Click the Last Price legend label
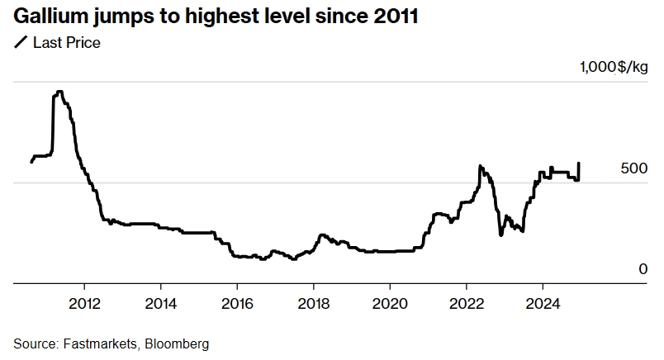click(66, 43)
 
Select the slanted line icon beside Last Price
click(20, 43)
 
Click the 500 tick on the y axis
click(633, 168)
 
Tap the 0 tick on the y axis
click(643, 268)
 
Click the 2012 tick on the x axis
click(84, 302)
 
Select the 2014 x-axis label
click(161, 302)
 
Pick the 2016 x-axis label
click(237, 302)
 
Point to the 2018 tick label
click(313, 302)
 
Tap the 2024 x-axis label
click(542, 302)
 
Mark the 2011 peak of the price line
click(59, 92)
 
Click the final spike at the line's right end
click(579, 163)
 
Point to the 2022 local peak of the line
click(480, 166)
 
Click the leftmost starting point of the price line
click(31, 161)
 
